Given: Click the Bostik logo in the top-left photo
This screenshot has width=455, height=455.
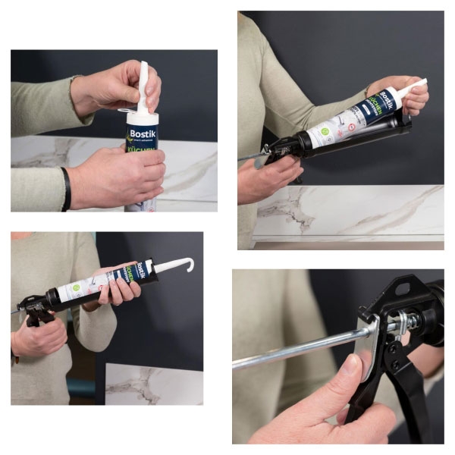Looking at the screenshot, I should coord(142,134).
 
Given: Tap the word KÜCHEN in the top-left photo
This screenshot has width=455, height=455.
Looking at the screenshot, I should coord(142,150).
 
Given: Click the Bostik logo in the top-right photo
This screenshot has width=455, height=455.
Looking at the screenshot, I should coord(388,99).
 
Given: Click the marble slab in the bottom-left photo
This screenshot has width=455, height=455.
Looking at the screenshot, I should coord(152,384).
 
